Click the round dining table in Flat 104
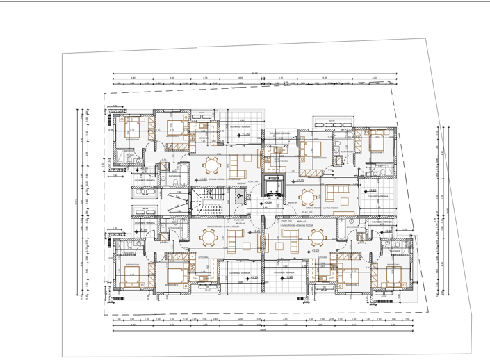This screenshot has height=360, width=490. click(212, 166)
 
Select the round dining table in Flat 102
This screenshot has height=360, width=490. click(317, 237)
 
